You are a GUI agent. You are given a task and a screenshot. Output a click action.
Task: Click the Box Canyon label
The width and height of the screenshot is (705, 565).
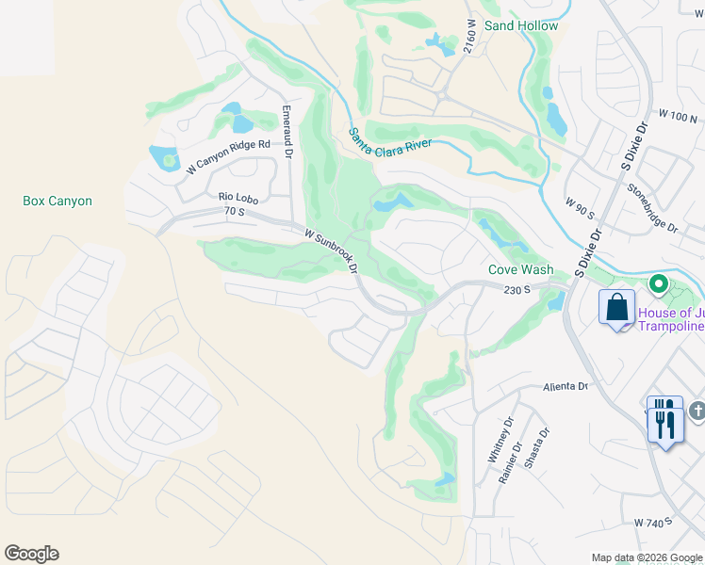point(57,201)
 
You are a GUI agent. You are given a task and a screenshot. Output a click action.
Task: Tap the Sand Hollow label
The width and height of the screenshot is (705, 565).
point(521,25)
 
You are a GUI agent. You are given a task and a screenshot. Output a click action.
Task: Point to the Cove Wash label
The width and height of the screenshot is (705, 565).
point(521,268)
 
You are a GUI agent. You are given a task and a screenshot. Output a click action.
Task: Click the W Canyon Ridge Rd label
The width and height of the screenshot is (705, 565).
point(228,157)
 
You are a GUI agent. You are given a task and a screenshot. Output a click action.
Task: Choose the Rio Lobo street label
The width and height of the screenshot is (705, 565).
point(238,198)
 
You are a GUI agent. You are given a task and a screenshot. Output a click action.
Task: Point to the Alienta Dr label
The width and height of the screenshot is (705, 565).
point(565,387)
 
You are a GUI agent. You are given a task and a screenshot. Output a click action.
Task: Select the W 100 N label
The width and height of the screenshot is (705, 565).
point(679,117)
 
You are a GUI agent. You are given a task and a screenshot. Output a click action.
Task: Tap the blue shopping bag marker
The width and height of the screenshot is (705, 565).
point(616,309)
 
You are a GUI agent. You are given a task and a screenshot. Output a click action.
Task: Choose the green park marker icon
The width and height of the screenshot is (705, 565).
point(658,282)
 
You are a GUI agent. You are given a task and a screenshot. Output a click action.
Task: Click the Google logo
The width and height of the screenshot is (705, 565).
point(31,554)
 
